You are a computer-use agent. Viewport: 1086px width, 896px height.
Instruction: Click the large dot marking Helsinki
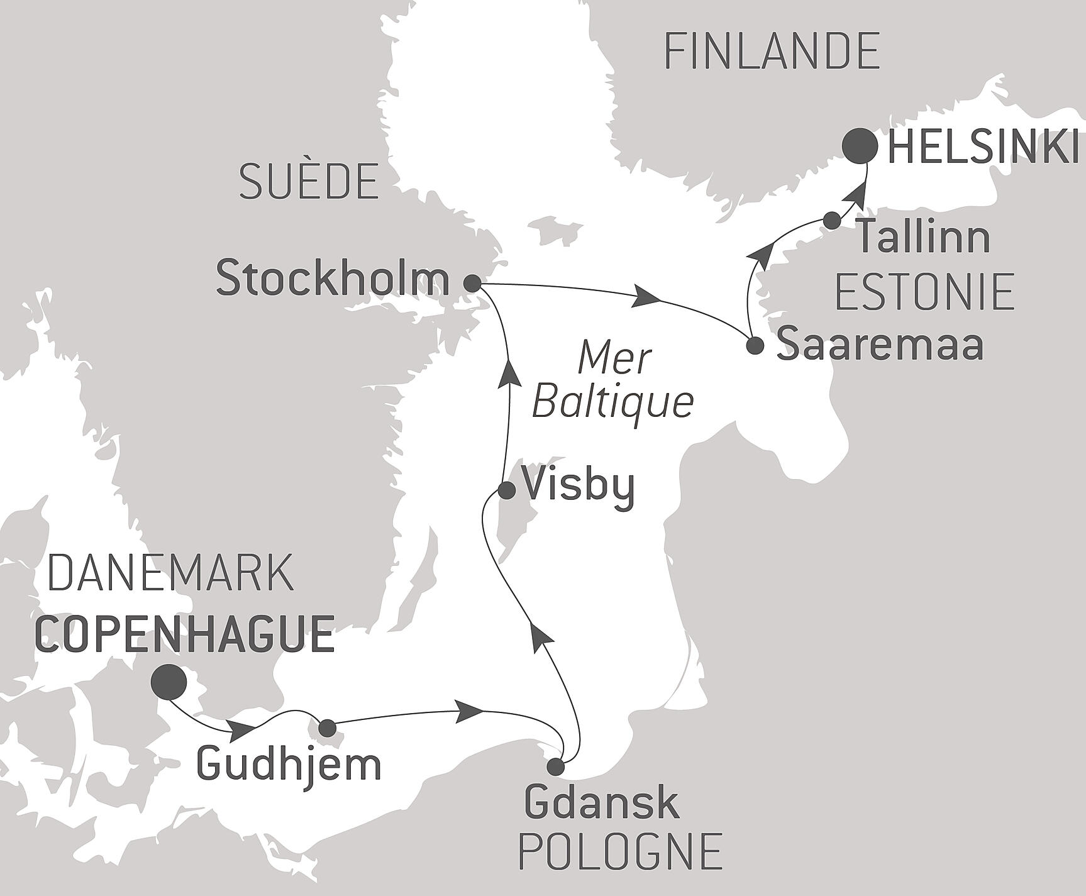coord(860,147)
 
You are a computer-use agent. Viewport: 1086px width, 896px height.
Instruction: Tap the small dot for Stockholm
coord(472,284)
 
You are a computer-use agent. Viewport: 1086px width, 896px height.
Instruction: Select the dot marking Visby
coord(507,490)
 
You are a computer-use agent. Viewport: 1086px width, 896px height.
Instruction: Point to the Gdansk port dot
coord(555,766)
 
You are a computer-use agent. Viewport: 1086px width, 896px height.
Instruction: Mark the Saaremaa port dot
coord(755,345)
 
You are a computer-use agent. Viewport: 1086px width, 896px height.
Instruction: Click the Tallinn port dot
coord(832,220)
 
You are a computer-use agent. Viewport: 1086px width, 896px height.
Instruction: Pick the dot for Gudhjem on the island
coord(328,729)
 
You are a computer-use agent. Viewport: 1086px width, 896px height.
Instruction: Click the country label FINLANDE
coord(772,52)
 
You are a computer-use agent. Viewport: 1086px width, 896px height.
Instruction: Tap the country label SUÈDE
coord(309,181)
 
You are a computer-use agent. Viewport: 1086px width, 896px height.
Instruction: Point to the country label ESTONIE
coord(924,292)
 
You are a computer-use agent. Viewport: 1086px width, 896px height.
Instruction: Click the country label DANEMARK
coord(170,573)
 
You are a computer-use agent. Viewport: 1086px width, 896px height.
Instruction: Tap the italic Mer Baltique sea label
coord(613,380)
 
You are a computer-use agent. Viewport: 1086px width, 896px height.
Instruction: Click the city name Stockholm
coord(333,280)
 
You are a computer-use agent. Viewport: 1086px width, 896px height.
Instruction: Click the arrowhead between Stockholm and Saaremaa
coord(648,297)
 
